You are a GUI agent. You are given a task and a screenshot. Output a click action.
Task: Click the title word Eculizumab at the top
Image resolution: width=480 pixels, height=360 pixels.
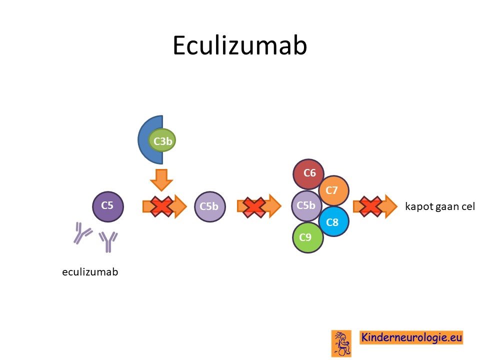click(x=239, y=45)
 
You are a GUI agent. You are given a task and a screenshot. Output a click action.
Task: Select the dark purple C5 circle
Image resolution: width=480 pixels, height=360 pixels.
click(x=108, y=206)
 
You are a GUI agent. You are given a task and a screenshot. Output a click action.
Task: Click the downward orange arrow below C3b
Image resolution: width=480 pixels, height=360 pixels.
click(x=161, y=180)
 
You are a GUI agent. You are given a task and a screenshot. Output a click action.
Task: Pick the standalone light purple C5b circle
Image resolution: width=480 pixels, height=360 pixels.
click(x=209, y=206)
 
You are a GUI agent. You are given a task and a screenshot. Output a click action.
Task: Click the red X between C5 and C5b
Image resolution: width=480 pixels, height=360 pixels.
click(x=161, y=207)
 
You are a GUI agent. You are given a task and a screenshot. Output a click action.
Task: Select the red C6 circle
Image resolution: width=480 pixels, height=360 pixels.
click(x=308, y=174)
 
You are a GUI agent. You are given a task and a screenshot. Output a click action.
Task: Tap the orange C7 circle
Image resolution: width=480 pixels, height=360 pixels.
click(x=333, y=190)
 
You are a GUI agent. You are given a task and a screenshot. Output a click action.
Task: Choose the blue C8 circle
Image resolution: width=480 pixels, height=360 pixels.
click(x=333, y=221)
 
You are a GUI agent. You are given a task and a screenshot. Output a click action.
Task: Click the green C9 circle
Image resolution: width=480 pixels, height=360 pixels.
click(x=307, y=237)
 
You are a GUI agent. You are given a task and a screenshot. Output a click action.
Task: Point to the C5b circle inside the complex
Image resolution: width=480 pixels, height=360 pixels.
click(x=306, y=205)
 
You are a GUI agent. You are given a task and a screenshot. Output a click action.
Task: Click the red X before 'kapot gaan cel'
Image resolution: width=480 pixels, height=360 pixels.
click(x=370, y=207)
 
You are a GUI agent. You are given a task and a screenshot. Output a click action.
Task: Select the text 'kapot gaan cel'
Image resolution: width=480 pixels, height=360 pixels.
click(x=440, y=206)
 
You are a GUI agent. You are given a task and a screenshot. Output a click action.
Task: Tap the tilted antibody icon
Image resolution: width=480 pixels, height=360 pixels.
click(x=81, y=232)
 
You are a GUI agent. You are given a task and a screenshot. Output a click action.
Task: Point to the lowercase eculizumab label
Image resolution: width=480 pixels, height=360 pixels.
click(x=90, y=272)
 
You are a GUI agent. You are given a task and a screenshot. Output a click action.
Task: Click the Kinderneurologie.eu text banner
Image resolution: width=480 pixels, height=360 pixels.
click(x=411, y=337)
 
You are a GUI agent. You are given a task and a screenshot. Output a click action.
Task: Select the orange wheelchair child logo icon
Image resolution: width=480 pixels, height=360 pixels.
click(x=341, y=343)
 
